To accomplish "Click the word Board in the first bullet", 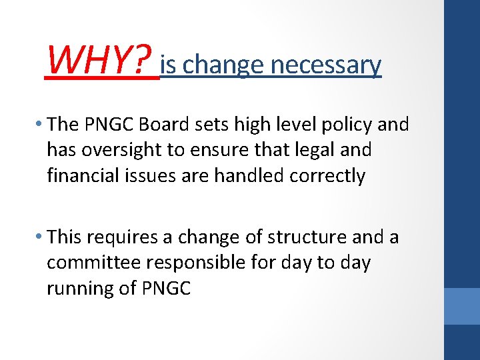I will (174, 124).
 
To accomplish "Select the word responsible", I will (194, 263).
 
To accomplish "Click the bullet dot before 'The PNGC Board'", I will (40, 125).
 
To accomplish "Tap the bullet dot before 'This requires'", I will (40, 237).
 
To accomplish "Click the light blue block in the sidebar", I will (461, 306).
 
